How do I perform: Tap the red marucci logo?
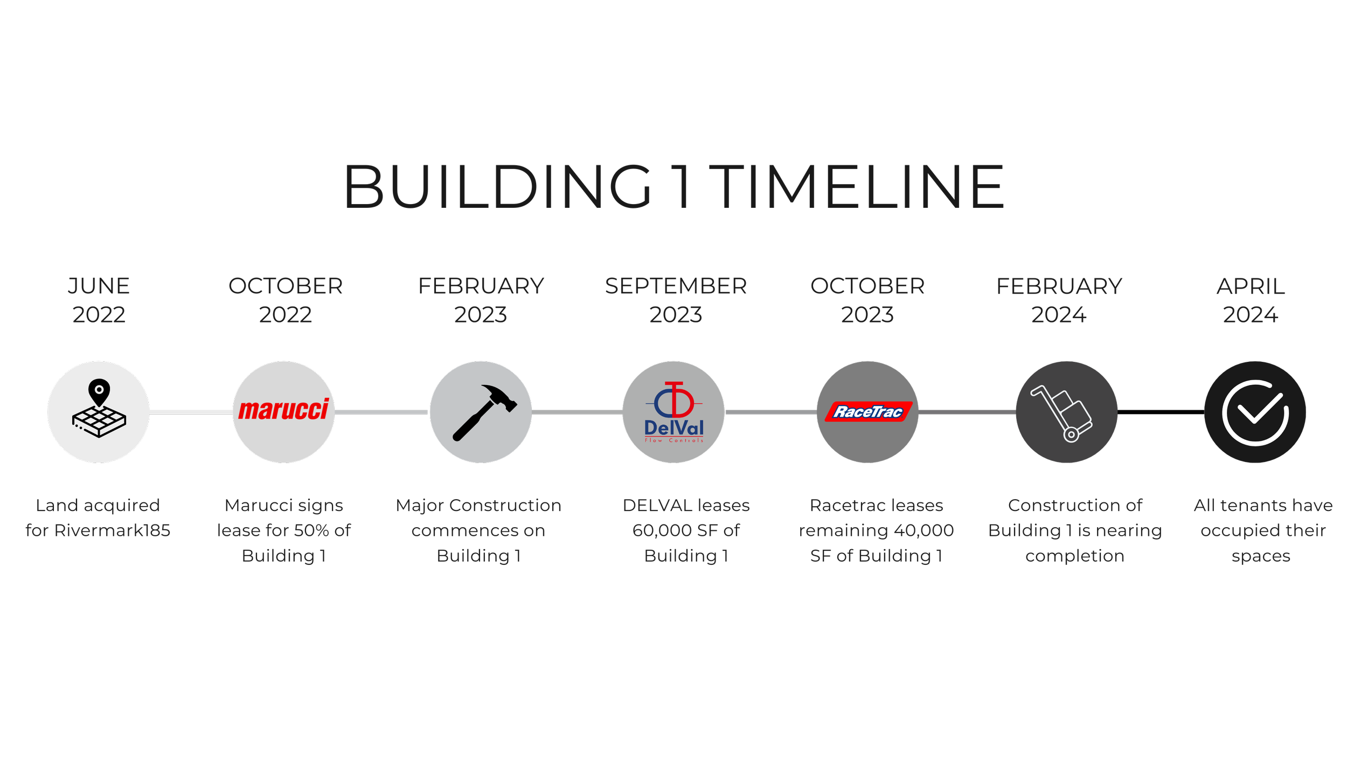click(x=283, y=410)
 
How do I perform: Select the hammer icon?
click(x=483, y=412)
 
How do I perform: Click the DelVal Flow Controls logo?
click(x=674, y=412)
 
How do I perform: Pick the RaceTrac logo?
click(x=867, y=412)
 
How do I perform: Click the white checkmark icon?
click(x=1255, y=412)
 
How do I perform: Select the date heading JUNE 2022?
click(x=99, y=300)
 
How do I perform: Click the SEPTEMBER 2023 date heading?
click(x=676, y=300)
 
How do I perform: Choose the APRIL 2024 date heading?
click(x=1250, y=300)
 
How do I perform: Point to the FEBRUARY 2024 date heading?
click(x=1059, y=300)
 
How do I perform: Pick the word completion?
click(x=1075, y=556)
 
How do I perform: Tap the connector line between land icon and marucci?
click(x=191, y=412)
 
